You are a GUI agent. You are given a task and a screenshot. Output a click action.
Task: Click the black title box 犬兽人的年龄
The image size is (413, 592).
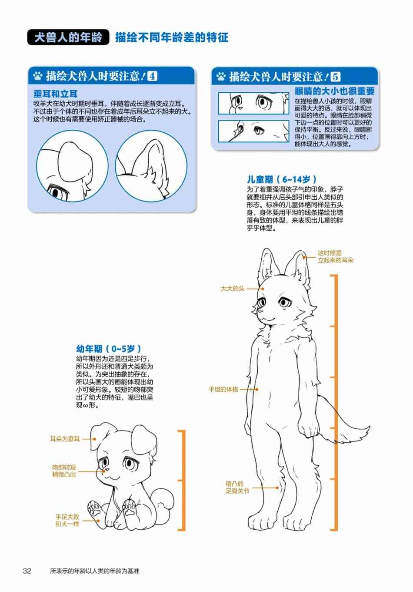coord(68,37)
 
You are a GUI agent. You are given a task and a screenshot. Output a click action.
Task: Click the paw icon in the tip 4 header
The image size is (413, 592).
coord(38,76)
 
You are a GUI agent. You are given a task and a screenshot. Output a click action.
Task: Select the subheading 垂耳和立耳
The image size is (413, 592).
coord(55,94)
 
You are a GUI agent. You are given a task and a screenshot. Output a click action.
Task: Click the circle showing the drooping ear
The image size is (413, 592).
coord(72,166)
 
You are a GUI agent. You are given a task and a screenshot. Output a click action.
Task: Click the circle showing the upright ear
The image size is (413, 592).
coord(151,166)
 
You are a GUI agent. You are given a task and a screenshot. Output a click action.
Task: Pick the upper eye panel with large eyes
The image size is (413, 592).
coord(253,103)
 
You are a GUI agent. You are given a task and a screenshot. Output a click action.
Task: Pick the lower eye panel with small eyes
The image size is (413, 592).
coord(253,131)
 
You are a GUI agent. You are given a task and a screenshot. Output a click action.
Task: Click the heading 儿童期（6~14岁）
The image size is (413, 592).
coord(282,180)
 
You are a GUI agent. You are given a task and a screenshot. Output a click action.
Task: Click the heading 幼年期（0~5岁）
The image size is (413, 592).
coord(108,349)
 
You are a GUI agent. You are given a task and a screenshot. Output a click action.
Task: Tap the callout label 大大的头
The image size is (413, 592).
coord(233,289)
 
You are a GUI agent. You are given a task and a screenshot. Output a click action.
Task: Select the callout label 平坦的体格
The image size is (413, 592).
coord(223,389)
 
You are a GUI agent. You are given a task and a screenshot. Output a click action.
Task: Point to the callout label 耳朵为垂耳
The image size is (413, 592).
coord(65,439)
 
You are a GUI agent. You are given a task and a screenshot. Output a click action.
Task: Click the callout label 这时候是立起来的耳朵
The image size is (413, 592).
coord(336,257)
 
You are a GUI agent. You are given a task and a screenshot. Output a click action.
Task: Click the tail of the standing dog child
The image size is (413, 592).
coord(343,423)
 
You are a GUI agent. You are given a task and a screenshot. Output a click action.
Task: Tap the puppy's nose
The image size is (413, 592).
coord(104,471)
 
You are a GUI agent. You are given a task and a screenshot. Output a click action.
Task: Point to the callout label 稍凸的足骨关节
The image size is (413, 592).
coord(237,488)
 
